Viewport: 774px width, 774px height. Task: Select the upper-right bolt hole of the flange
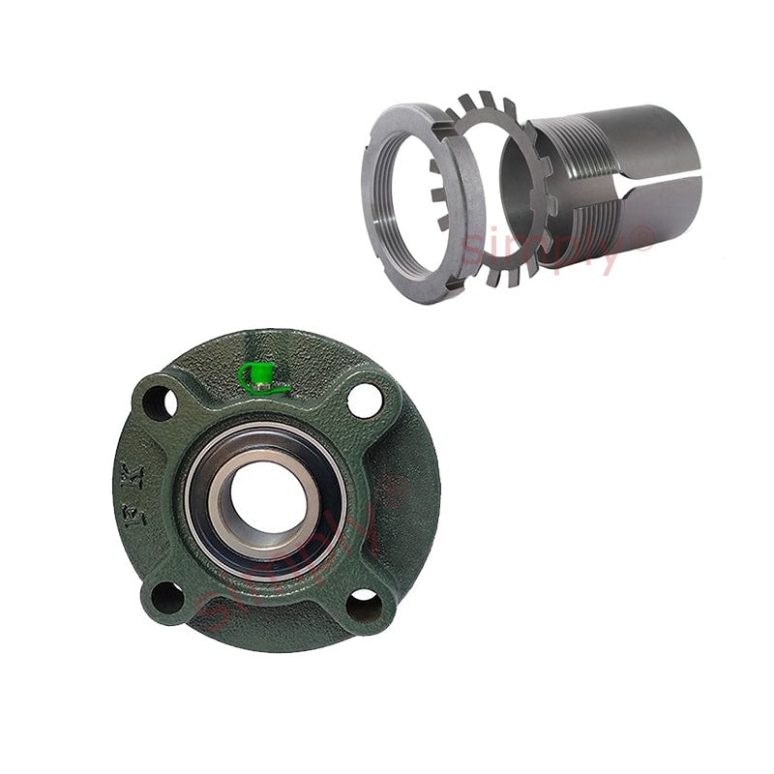click(x=365, y=400)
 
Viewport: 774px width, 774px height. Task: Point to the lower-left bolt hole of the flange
click(x=167, y=598)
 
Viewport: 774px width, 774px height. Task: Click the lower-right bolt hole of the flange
click(x=365, y=606)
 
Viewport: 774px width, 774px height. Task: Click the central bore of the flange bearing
click(x=264, y=497)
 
